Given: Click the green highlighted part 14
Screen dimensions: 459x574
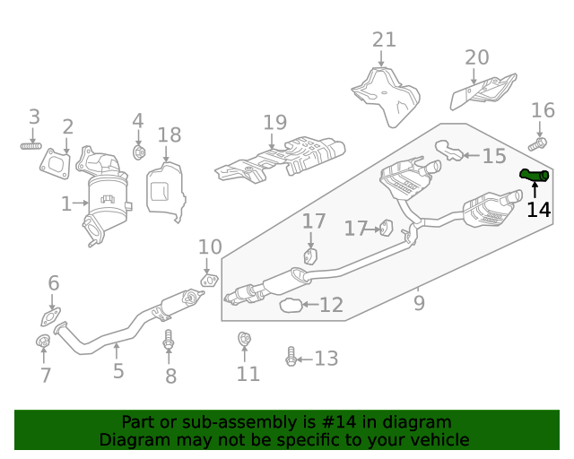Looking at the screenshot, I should coord(535,175).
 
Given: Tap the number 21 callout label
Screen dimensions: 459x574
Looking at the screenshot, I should coord(384,39).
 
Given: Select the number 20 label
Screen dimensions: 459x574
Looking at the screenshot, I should coord(477,57).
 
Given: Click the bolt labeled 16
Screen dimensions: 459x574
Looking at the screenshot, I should coord(538,143).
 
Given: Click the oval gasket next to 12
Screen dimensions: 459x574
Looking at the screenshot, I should coord(290,307).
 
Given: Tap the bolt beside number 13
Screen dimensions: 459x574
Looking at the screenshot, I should coord(291,358).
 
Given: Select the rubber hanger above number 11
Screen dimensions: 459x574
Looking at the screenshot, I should coord(243,340).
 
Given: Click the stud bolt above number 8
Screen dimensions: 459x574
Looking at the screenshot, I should coord(168,342).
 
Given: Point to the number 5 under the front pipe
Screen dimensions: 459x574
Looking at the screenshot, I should coord(118,370).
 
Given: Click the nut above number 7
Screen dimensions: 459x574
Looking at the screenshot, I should coord(41,342).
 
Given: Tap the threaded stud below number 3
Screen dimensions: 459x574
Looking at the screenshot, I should coord(32,144).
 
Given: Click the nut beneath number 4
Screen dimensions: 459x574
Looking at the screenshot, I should coord(139,152).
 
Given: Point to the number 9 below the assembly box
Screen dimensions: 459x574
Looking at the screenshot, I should coord(419,303).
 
